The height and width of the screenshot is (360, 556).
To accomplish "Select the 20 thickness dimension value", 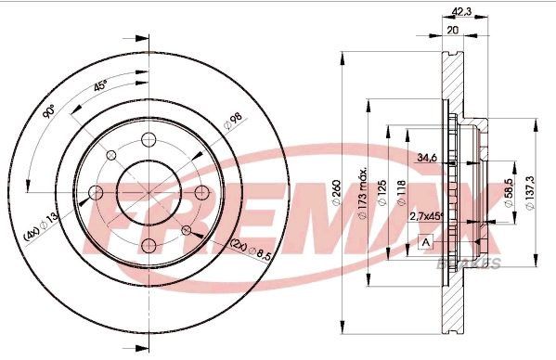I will (x=453, y=30).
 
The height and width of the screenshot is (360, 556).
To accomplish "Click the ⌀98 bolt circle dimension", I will (x=232, y=121).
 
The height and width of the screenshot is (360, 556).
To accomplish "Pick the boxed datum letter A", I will (x=426, y=243).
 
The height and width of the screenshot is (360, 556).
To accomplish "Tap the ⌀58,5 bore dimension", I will (x=508, y=191).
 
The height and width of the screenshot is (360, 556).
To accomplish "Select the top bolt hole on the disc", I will (x=148, y=140).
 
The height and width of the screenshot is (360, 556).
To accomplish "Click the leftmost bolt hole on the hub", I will (x=95, y=194).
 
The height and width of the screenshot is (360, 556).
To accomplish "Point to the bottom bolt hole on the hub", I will (x=148, y=246).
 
